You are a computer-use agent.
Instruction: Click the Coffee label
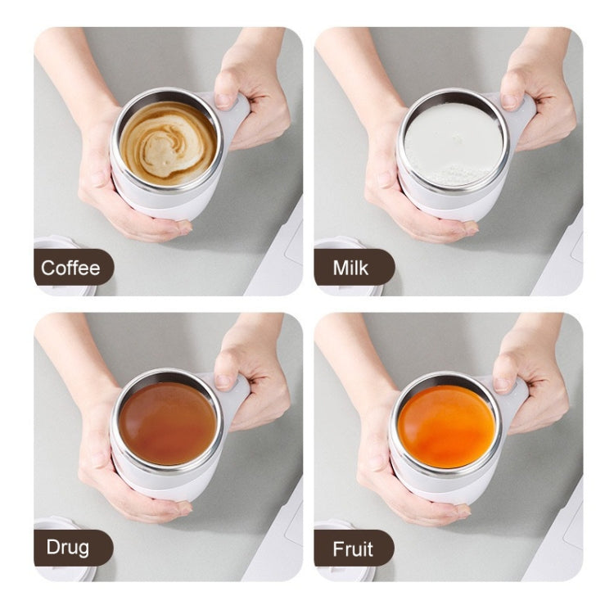click(71, 268)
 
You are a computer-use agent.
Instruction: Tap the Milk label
click(351, 268)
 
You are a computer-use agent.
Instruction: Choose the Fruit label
click(351, 548)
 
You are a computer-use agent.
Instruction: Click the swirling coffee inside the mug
click(168, 143)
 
